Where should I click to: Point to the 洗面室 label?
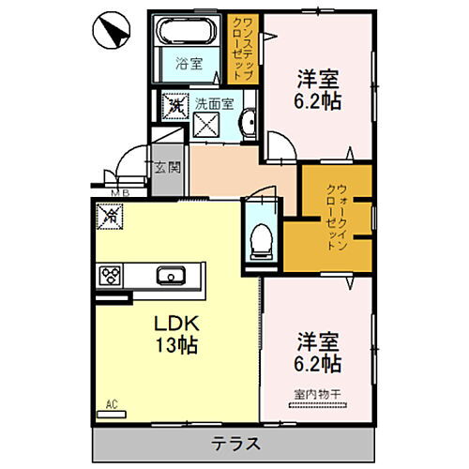pyautogui.click(x=213, y=105)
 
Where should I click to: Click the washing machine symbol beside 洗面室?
pyautogui.click(x=174, y=106)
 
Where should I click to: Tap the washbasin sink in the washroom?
pyautogui.click(x=248, y=123)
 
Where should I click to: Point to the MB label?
pyautogui.click(x=119, y=194)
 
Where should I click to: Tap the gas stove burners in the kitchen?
pyautogui.click(x=111, y=276)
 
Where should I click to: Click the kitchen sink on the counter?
pyautogui.click(x=171, y=276)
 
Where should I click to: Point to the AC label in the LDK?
pyautogui.click(x=112, y=404)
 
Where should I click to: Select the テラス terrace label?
pyautogui.click(x=234, y=443)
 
